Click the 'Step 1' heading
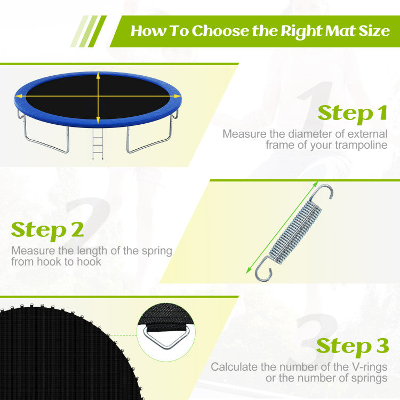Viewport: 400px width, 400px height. click(x=352, y=114)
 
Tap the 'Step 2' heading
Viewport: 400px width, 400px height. click(x=47, y=230)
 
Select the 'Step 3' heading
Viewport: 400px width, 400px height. click(x=352, y=346)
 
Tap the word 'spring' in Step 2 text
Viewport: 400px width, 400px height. click(x=157, y=251)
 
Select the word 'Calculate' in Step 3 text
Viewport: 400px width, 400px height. click(x=232, y=367)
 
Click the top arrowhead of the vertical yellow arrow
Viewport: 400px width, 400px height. click(x=98, y=76)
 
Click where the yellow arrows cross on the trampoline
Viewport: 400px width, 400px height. click(x=98, y=97)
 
